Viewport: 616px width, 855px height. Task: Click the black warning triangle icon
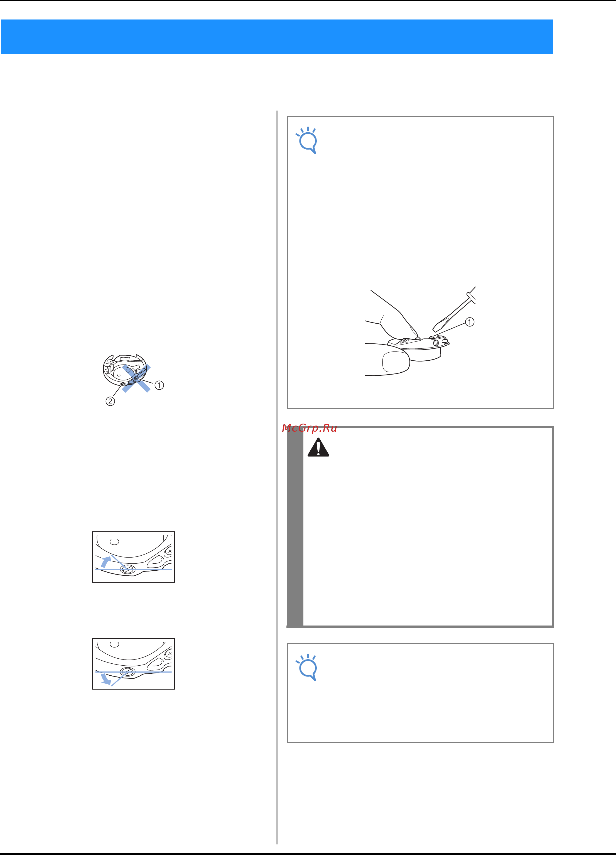pos(318,448)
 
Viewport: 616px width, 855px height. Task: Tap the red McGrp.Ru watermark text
pos(309,428)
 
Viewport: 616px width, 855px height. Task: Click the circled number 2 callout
pos(110,401)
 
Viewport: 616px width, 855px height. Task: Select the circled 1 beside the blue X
pos(159,385)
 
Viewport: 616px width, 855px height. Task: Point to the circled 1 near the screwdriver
pos(469,322)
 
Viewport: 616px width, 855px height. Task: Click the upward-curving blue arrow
pos(105,561)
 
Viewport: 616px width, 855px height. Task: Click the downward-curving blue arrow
pos(105,679)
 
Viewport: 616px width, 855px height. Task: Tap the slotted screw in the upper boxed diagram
pos(127,569)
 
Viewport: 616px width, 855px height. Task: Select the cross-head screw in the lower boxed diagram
pos(170,653)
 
